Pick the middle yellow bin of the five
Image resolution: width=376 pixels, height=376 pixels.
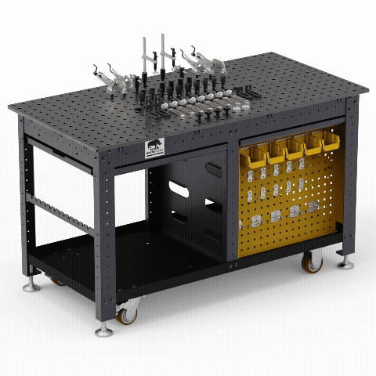(x=295, y=149)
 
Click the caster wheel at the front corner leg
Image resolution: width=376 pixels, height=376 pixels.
(x=125, y=314)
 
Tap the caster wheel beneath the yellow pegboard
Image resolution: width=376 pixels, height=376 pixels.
(x=312, y=262)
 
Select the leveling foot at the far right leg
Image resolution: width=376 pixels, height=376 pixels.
(x=345, y=264)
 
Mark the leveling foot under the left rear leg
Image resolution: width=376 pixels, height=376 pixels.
(x=31, y=286)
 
